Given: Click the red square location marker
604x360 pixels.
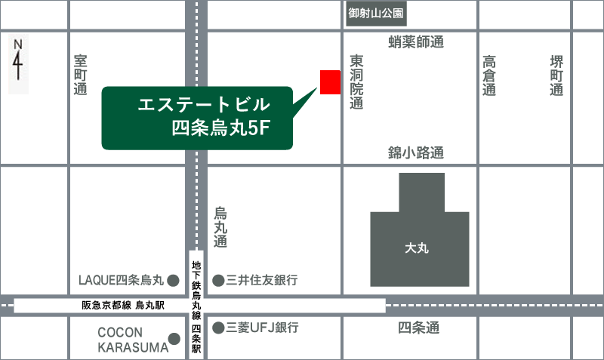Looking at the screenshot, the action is (330, 82).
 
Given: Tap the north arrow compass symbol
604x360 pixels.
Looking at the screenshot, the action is (18, 65).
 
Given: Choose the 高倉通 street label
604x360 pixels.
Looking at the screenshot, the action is (489, 75).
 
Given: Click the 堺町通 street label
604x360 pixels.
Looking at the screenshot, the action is (556, 75).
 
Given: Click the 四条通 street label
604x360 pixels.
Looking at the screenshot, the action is (418, 328).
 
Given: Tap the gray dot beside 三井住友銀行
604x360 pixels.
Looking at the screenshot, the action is (218, 281).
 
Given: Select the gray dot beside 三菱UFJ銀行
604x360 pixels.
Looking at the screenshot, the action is (218, 328).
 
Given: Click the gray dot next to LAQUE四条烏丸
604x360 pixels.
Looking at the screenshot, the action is (173, 281).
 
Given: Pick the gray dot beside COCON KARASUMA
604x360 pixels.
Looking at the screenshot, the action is (173, 339).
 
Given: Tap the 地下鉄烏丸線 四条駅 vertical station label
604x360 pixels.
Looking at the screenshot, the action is (196, 306).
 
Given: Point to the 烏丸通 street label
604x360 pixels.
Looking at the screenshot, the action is (220, 227).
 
